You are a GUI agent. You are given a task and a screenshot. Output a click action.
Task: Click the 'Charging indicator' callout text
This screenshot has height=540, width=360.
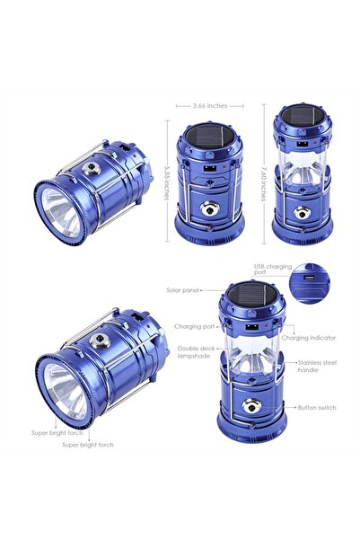(x=310, y=338)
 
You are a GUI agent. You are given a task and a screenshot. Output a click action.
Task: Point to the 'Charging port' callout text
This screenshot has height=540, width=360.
(x=193, y=327)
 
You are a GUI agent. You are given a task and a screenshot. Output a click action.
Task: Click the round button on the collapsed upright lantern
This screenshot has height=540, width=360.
(x=209, y=210)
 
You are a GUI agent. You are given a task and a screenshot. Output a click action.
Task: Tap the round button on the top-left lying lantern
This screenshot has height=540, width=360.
(x=92, y=169)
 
